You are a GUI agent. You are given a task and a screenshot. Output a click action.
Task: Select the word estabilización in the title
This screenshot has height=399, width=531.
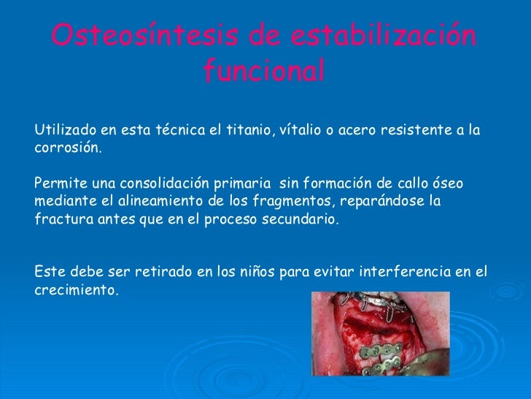384,36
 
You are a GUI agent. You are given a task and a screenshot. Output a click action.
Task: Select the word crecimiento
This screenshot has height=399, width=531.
75,289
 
